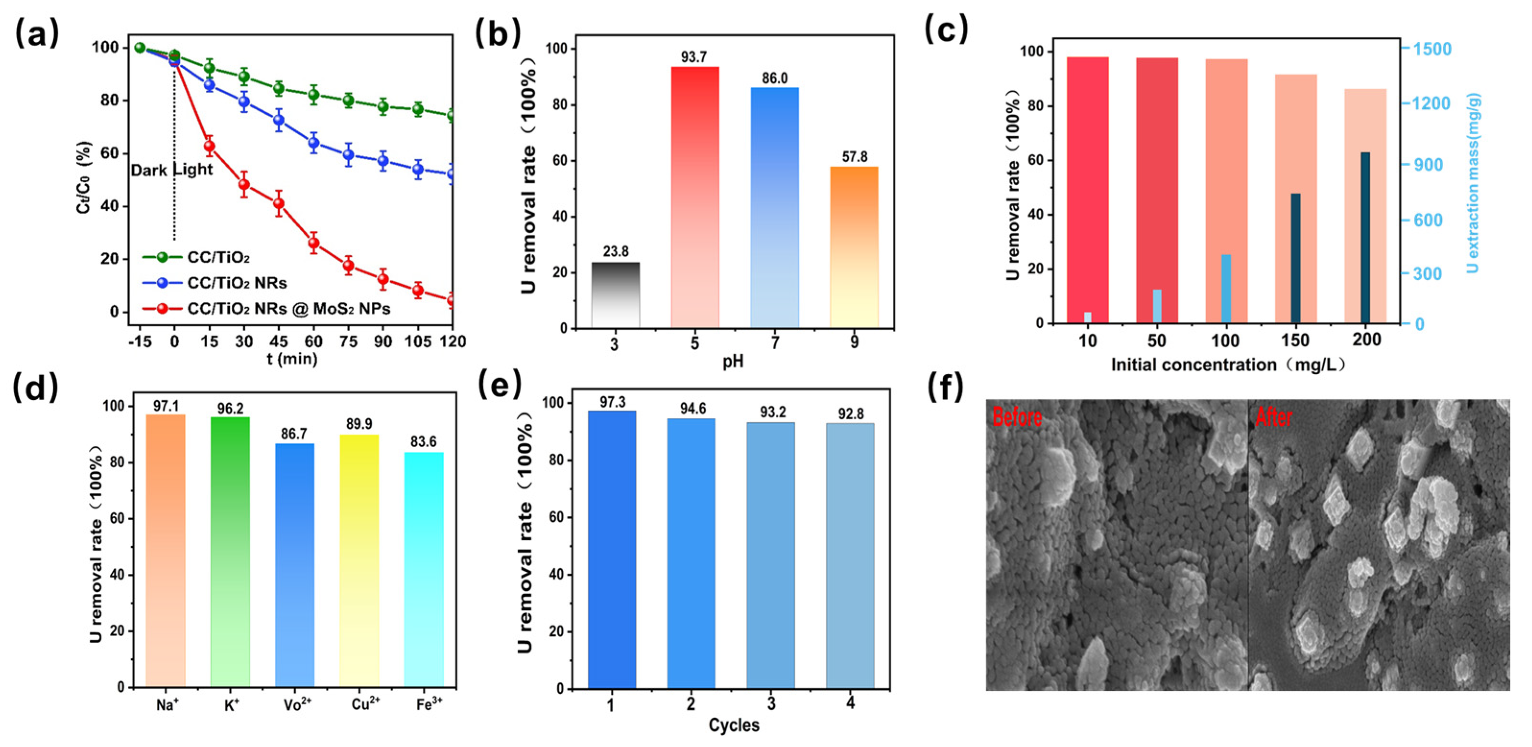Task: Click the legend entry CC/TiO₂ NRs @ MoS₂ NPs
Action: [x=288, y=308]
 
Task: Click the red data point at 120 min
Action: [x=451, y=300]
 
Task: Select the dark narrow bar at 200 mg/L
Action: [x=1365, y=238]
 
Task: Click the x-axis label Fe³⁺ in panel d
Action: [x=429, y=705]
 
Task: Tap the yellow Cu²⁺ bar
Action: [x=359, y=559]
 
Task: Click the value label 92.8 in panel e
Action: [x=851, y=414]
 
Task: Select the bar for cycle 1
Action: [x=611, y=550]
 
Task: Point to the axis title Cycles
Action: [x=734, y=725]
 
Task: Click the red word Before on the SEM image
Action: [x=1017, y=417]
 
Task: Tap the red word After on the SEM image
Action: [x=1273, y=417]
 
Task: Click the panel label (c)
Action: [x=946, y=30]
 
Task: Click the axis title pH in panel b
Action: [x=733, y=361]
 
